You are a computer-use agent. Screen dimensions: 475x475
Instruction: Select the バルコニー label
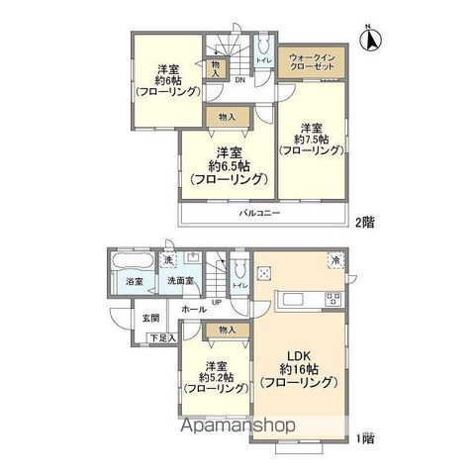(x=258, y=213)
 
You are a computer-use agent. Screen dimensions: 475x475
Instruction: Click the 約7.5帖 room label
(x=312, y=140)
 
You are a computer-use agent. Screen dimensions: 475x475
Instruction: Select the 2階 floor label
(x=362, y=224)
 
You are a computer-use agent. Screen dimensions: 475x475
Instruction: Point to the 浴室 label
(x=135, y=282)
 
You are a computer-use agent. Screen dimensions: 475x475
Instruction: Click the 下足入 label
(x=161, y=338)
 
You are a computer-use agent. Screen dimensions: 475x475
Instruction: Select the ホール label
(x=193, y=309)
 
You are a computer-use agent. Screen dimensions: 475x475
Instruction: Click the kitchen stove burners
(x=332, y=301)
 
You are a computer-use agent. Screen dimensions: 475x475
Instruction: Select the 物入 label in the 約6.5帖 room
(x=227, y=118)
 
